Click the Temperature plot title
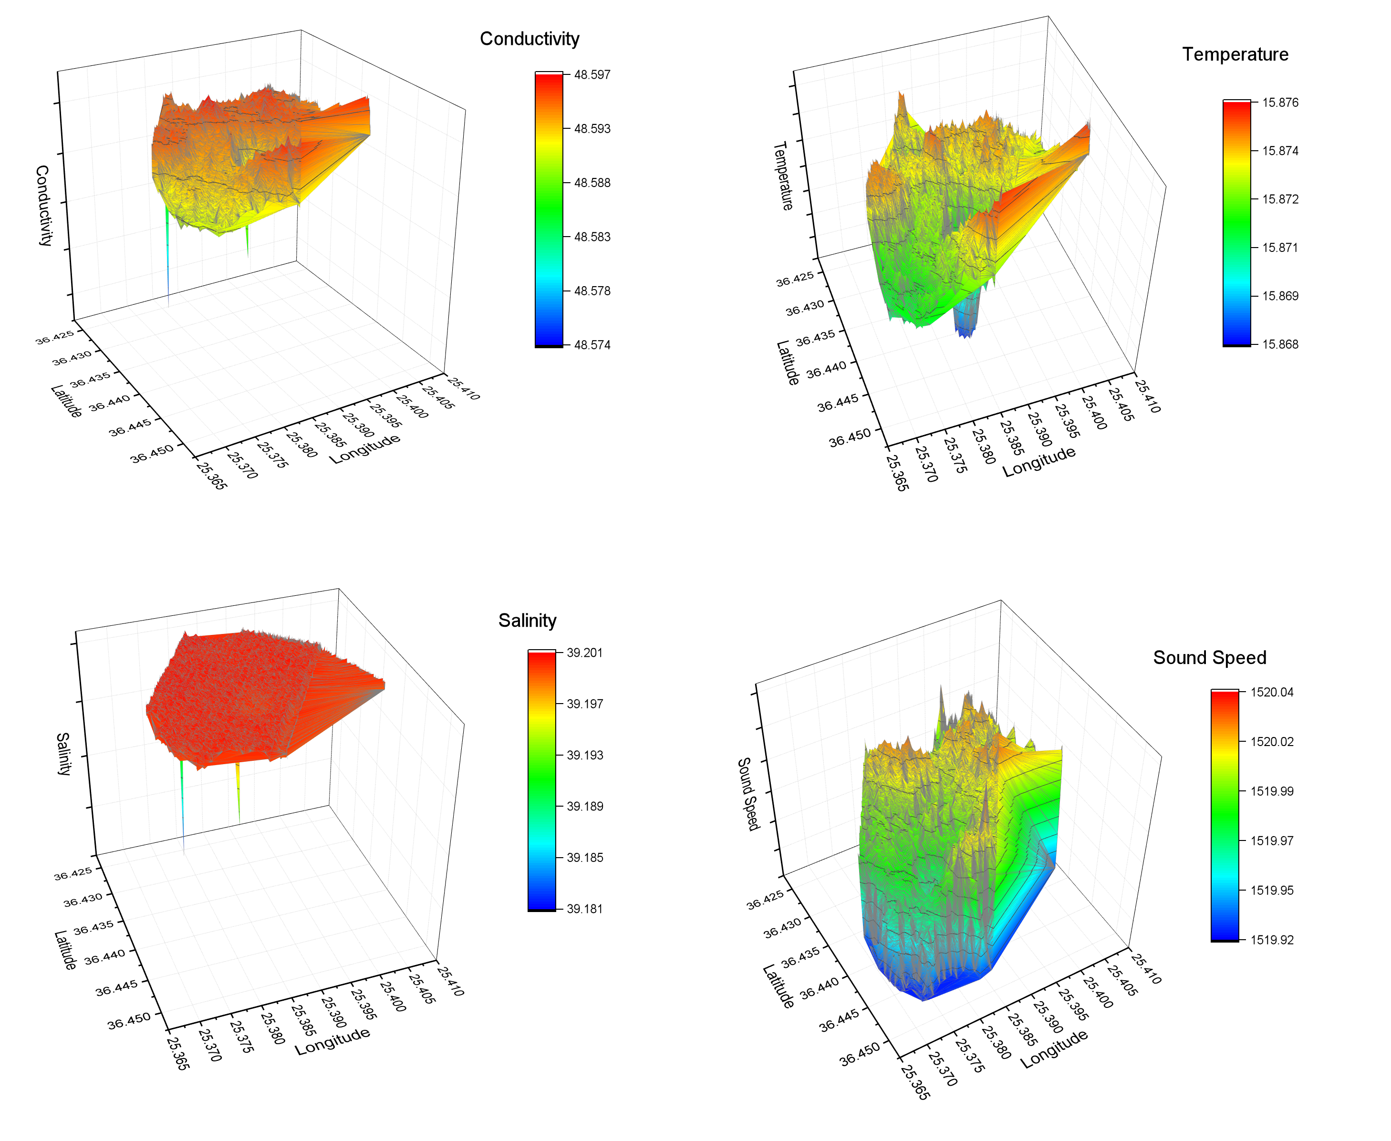(x=1235, y=54)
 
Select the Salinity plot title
(x=527, y=621)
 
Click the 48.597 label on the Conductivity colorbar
(x=592, y=75)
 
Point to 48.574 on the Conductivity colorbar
(x=592, y=345)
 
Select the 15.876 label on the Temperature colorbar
(x=1280, y=103)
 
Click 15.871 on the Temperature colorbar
(x=1280, y=248)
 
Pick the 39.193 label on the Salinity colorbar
(x=584, y=755)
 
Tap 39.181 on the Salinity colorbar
(x=584, y=909)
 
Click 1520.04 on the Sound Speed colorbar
(x=1271, y=692)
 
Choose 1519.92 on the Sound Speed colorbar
(x=1271, y=940)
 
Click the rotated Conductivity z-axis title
(x=43, y=206)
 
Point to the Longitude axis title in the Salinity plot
(x=332, y=1041)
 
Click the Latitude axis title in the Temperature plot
(x=788, y=363)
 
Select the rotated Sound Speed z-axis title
(x=748, y=793)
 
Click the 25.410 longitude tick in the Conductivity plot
(x=464, y=388)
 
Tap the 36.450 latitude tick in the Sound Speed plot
(x=859, y=1054)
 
